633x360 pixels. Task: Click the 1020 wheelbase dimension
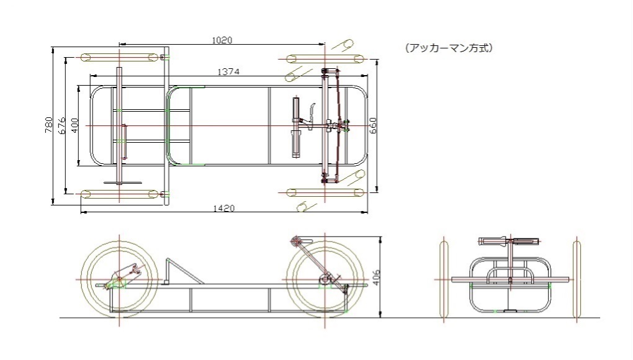click(x=222, y=40)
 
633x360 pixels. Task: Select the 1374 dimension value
click(x=228, y=72)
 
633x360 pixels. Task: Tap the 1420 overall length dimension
click(x=223, y=209)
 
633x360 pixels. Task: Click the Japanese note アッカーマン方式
click(x=449, y=48)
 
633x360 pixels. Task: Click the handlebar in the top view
click(x=296, y=125)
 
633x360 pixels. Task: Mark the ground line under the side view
click(x=248, y=318)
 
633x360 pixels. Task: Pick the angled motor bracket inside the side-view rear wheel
click(x=123, y=276)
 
